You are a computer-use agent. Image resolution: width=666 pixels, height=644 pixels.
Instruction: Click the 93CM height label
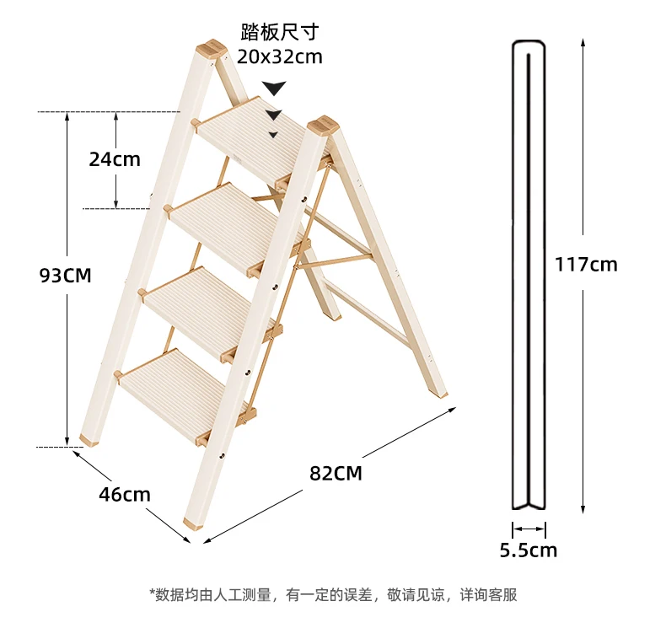[64, 275]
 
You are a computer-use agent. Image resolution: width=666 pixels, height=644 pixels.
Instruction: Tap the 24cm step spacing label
[115, 158]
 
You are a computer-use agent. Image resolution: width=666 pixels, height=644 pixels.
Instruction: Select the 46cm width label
[124, 494]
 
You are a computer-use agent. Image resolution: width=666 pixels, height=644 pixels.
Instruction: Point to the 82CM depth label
[336, 473]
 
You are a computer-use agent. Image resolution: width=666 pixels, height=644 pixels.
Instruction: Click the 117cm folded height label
[586, 264]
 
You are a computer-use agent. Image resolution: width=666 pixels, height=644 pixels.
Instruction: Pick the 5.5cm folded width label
[529, 550]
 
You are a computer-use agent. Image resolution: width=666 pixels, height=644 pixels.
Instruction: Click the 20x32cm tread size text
[279, 57]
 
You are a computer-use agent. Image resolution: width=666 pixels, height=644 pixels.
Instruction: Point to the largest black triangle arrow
[274, 88]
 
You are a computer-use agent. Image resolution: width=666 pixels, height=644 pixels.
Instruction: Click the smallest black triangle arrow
[273, 134]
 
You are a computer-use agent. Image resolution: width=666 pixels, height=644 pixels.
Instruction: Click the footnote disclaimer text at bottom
[333, 595]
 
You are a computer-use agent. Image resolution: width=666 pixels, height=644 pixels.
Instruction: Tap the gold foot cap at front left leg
[89, 439]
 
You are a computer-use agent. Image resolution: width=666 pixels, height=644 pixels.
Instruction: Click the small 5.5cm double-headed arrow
[529, 529]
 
